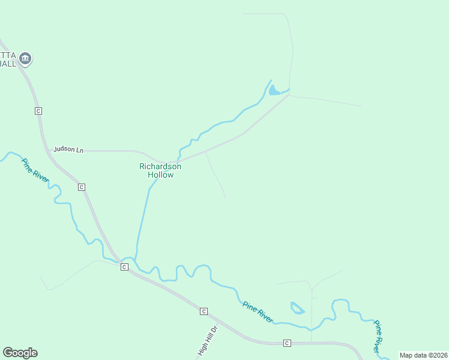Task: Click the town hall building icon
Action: (x=25, y=59)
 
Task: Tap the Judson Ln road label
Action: (x=68, y=149)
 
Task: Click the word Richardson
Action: (x=161, y=166)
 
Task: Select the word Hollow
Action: (x=161, y=175)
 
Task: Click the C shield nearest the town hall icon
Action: (x=38, y=111)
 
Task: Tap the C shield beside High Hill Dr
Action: (x=203, y=311)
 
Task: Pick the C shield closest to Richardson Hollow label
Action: (x=82, y=187)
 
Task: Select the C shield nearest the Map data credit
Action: (x=287, y=343)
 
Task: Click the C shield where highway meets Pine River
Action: (x=124, y=266)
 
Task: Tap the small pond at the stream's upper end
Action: (x=274, y=91)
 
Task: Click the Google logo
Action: (x=20, y=353)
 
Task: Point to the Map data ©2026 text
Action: (x=423, y=355)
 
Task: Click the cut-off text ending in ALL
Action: (x=8, y=64)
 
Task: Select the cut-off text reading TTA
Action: (x=7, y=55)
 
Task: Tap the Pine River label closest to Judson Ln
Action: (x=34, y=170)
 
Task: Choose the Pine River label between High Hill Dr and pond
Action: (x=258, y=312)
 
